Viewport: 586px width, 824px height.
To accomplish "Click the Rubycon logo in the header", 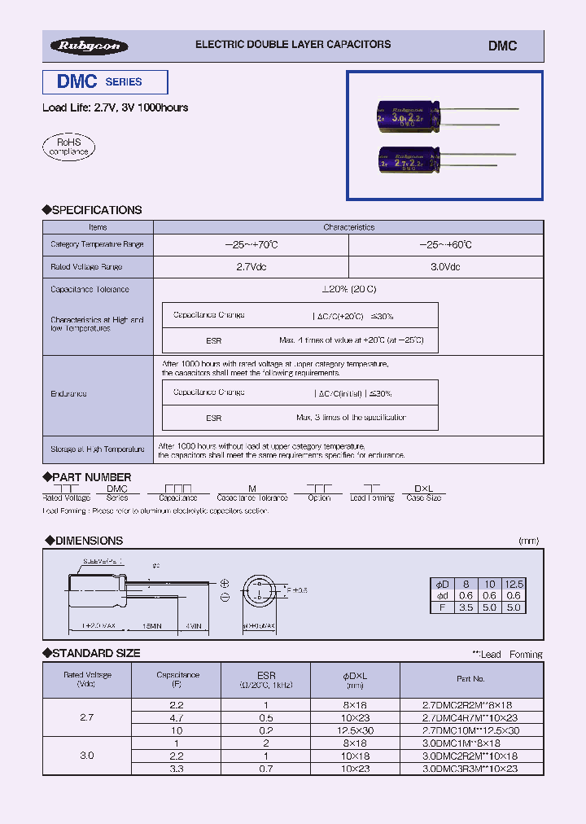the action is (x=89, y=46).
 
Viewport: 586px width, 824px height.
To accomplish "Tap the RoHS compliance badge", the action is (x=69, y=147).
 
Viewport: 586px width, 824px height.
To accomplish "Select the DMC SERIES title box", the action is (x=105, y=82).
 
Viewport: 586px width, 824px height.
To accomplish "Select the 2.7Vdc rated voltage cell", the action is (x=250, y=267).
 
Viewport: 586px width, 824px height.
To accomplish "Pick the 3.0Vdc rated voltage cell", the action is (x=444, y=267).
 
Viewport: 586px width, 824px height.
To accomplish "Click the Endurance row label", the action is (x=68, y=394).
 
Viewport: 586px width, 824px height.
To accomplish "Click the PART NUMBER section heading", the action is (x=90, y=477).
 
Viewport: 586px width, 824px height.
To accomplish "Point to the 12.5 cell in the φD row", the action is (x=514, y=584).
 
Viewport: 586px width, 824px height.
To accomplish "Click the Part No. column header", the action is (x=470, y=678).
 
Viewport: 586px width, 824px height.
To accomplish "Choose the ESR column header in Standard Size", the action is (x=266, y=675).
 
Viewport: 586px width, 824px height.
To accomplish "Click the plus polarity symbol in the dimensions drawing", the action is (x=225, y=583).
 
